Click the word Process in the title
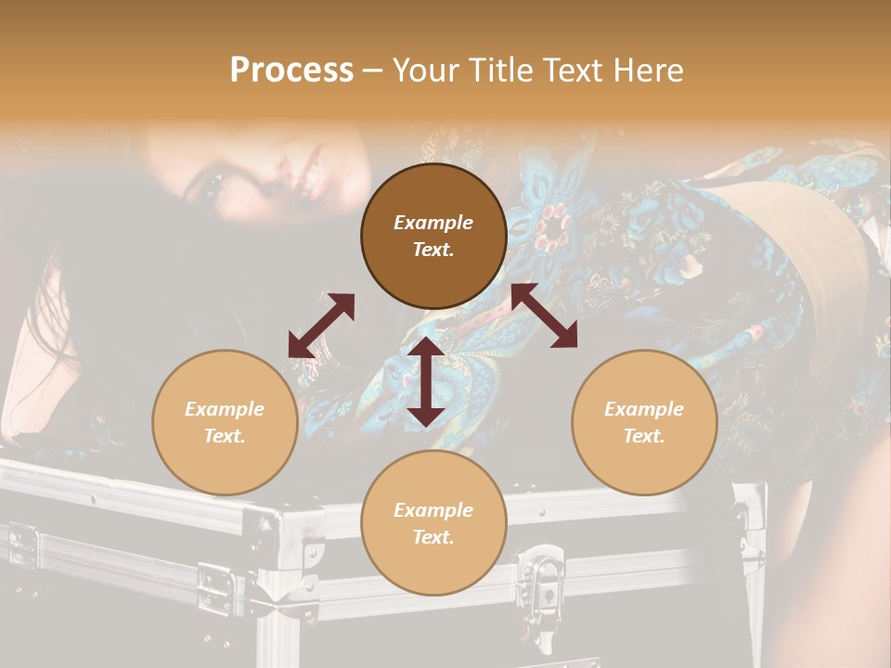[291, 70]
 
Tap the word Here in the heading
[647, 70]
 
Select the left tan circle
[225, 422]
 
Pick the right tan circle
[644, 422]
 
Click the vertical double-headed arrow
[426, 381]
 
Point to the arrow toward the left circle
[321, 326]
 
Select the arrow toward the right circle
[544, 315]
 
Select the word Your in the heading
[425, 70]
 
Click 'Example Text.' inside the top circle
[433, 236]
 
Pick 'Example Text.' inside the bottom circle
[433, 523]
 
